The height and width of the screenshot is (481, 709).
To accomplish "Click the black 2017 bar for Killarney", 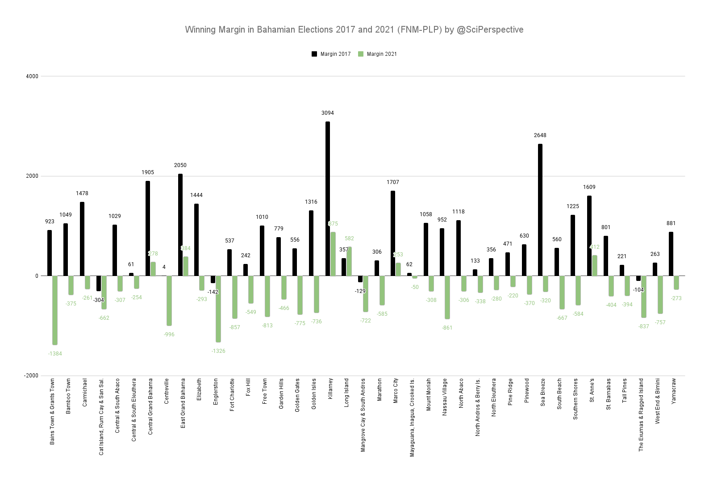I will [x=328, y=199].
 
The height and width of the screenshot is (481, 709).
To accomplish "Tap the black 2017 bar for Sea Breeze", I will [x=540, y=210].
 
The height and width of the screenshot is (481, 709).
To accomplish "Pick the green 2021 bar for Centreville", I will [x=169, y=301].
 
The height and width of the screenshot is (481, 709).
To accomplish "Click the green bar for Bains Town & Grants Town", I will [x=55, y=310].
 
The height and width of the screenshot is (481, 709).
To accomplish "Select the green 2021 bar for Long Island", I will [x=349, y=261].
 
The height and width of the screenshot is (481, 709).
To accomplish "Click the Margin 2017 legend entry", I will [x=331, y=54].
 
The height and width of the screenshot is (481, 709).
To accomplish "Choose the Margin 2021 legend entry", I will [x=377, y=54].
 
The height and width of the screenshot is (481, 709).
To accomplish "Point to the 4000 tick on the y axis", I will [x=32, y=76].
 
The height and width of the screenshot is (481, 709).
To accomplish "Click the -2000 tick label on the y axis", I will [x=31, y=376].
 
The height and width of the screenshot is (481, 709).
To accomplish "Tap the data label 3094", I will [x=328, y=113].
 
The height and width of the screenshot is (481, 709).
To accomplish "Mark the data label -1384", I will [x=55, y=354].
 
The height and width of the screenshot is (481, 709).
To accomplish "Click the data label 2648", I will [x=540, y=135].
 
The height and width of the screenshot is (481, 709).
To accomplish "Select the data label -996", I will [x=169, y=335].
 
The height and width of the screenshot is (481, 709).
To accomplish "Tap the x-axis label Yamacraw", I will [x=674, y=391].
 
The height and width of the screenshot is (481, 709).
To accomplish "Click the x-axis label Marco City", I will [x=396, y=391].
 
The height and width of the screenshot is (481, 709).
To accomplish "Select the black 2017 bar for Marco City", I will [x=393, y=233].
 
